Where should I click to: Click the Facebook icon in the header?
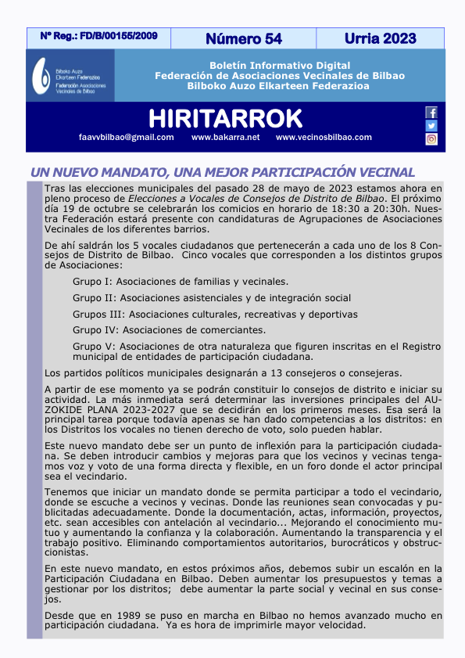pyautogui.click(x=431, y=113)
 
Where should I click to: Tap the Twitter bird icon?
pyautogui.click(x=431, y=126)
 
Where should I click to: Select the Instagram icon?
pyautogui.click(x=431, y=139)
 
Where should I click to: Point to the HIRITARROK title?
pyautogui.click(x=225, y=118)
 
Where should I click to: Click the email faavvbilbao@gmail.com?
pyautogui.click(x=126, y=138)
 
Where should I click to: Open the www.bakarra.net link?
pyautogui.click(x=225, y=138)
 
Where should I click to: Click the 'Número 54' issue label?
pyautogui.click(x=244, y=38)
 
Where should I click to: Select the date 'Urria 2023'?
pyautogui.click(x=380, y=38)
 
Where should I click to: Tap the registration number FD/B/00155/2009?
pyautogui.click(x=98, y=36)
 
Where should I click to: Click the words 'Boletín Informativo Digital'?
pyautogui.click(x=279, y=65)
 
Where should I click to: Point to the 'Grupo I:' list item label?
pyautogui.click(x=92, y=281)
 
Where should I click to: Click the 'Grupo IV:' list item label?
pyautogui.click(x=95, y=330)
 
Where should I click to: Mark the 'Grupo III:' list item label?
pyautogui.click(x=95, y=314)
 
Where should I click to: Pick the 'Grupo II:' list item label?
pyautogui.click(x=94, y=297)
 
